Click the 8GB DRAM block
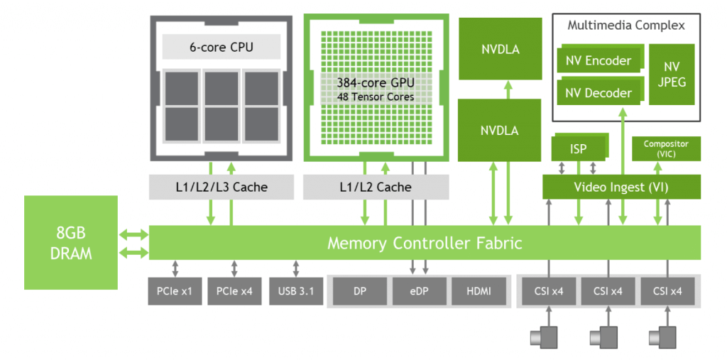click(70, 242)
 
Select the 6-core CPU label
click(221, 48)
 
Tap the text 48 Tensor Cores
click(376, 97)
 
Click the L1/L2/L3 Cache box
click(221, 187)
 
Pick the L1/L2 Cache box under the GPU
click(376, 187)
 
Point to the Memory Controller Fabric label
click(424, 243)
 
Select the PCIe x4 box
click(234, 291)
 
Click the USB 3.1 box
click(295, 291)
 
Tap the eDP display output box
click(419, 291)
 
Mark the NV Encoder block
click(598, 61)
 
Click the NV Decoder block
click(598, 93)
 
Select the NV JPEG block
click(671, 74)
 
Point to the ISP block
click(578, 149)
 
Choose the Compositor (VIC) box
click(665, 148)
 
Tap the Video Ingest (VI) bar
click(621, 187)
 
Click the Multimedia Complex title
click(625, 26)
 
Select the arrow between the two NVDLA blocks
click(508, 89)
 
